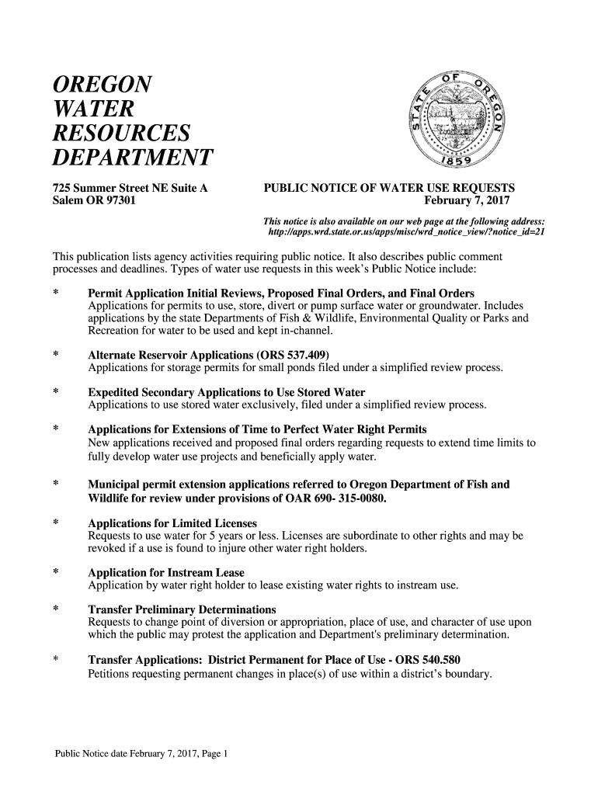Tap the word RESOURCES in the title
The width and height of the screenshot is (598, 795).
coord(121,134)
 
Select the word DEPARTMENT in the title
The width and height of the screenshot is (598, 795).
coord(132,158)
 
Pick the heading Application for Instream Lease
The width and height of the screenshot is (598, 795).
coord(166,573)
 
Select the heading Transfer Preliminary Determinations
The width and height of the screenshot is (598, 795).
coord(182,610)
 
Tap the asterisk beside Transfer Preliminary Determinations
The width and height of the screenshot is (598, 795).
coord(56,610)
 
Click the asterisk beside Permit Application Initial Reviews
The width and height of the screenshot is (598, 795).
coord(56,293)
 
